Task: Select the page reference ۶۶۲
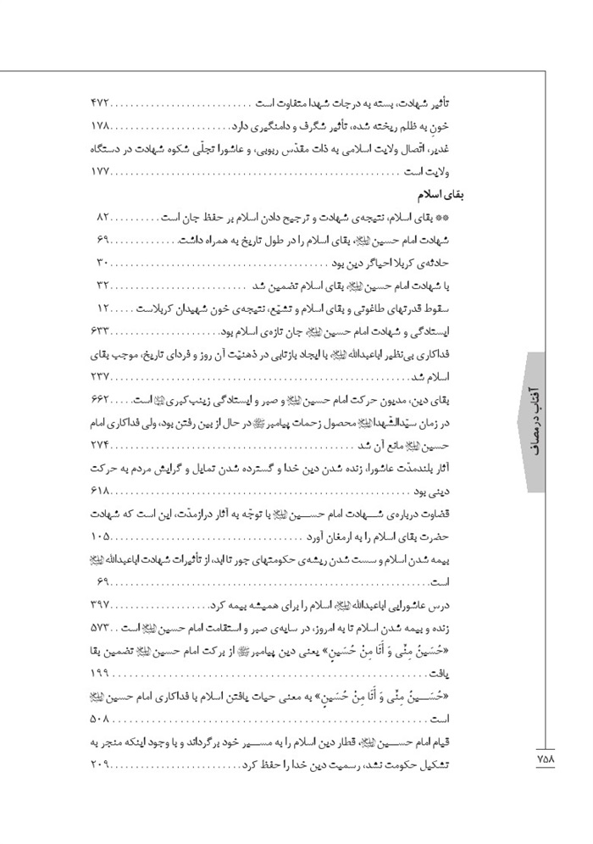[x=100, y=399]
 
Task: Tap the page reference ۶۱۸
[x=100, y=491]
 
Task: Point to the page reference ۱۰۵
[x=100, y=537]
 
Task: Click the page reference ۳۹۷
[x=100, y=606]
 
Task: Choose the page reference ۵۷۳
[x=100, y=629]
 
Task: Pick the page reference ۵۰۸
[x=100, y=721]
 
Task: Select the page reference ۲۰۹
[x=100, y=767]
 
